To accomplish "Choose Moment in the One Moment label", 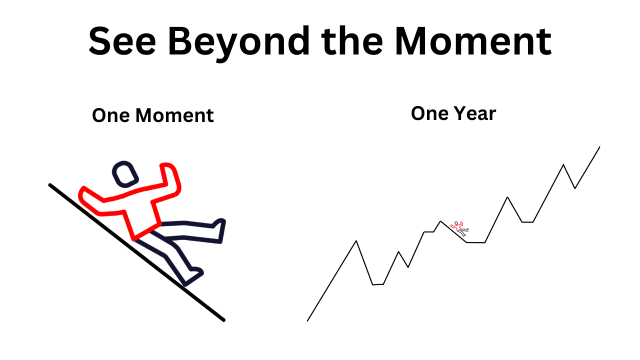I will tap(175, 115).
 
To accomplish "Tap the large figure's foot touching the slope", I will tap(192, 277).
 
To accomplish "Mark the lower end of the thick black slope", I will tap(223, 319).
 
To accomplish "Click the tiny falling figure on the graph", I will tap(459, 228).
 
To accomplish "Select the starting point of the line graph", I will tap(307, 320).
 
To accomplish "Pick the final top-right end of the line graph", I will tap(599, 146).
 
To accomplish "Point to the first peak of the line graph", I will tap(356, 241).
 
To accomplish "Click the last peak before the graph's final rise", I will tap(563, 164).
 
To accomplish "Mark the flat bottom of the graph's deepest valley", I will tap(378, 284).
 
